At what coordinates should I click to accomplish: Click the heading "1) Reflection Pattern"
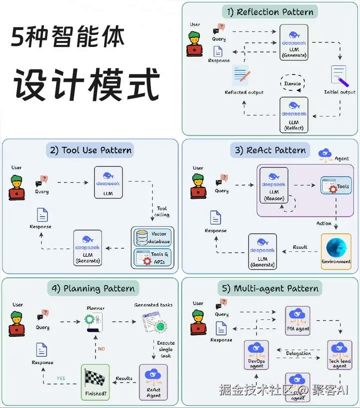(269, 11)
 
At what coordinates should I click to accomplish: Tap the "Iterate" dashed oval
(292, 83)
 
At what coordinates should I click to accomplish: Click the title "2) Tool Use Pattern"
(90, 150)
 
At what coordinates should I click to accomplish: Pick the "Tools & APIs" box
(152, 258)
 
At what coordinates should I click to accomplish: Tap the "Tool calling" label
(162, 211)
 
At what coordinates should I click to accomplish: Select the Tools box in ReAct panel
(336, 187)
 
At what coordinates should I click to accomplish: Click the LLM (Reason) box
(273, 184)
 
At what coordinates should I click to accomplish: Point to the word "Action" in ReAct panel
(324, 223)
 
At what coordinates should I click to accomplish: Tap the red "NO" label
(101, 349)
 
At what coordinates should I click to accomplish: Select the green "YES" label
(61, 379)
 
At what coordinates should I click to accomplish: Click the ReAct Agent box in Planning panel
(153, 382)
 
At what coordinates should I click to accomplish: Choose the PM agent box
(297, 320)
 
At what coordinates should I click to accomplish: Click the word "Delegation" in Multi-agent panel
(298, 354)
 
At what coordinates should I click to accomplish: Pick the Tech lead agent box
(340, 355)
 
